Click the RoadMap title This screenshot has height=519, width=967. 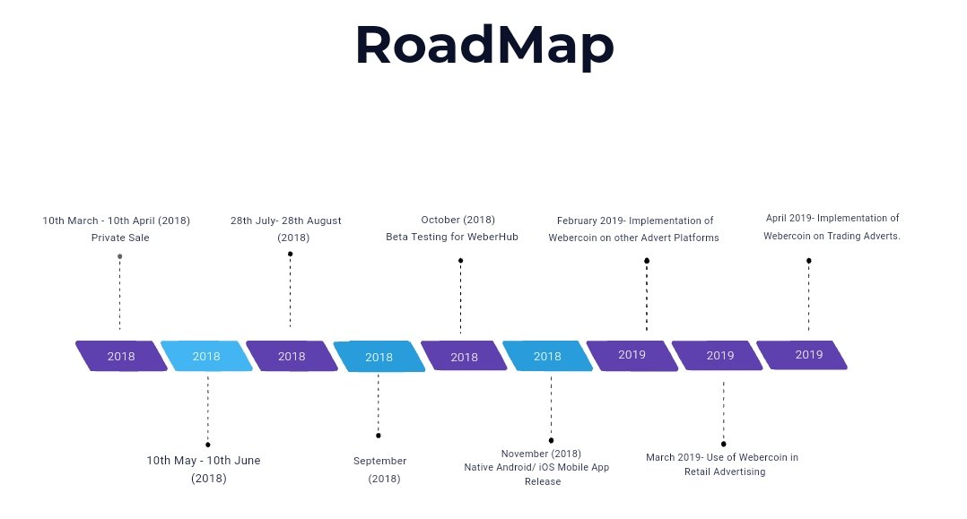(x=484, y=46)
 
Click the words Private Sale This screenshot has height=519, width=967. (x=120, y=238)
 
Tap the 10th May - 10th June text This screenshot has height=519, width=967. (x=204, y=461)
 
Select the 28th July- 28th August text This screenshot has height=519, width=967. (x=285, y=221)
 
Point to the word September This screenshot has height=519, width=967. (x=380, y=461)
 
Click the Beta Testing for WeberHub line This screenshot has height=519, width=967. (x=452, y=237)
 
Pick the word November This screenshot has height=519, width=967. (x=524, y=454)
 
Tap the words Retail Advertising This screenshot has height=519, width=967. (x=725, y=472)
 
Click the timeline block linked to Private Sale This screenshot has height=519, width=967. (x=121, y=356)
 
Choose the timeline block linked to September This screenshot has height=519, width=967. (x=379, y=357)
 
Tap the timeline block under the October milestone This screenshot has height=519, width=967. (x=464, y=356)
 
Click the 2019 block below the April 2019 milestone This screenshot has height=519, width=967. (x=802, y=355)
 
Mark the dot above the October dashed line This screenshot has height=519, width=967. (x=461, y=261)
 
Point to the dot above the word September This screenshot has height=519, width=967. (x=379, y=436)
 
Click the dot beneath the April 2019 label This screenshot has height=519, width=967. (x=809, y=261)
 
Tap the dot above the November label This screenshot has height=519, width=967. (x=552, y=441)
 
